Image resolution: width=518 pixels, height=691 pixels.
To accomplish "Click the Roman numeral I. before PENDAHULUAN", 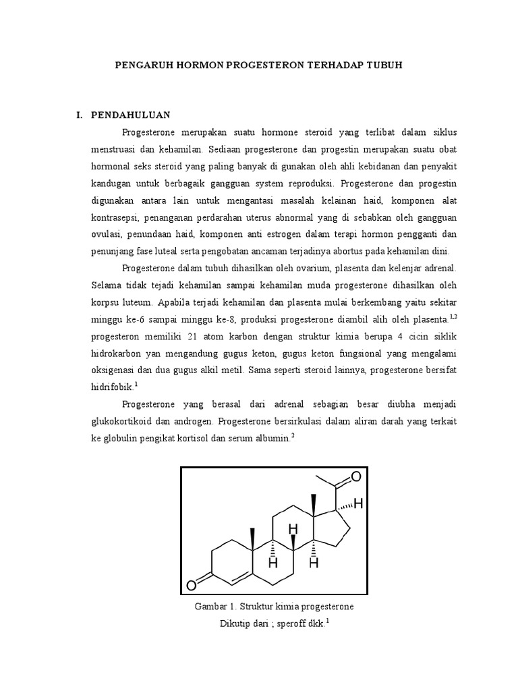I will (80, 115).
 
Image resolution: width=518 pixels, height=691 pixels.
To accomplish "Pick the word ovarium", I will (312, 269).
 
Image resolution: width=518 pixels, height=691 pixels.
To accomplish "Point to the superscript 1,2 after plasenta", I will (453, 316).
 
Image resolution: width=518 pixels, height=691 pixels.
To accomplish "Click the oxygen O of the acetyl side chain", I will (355, 477).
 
